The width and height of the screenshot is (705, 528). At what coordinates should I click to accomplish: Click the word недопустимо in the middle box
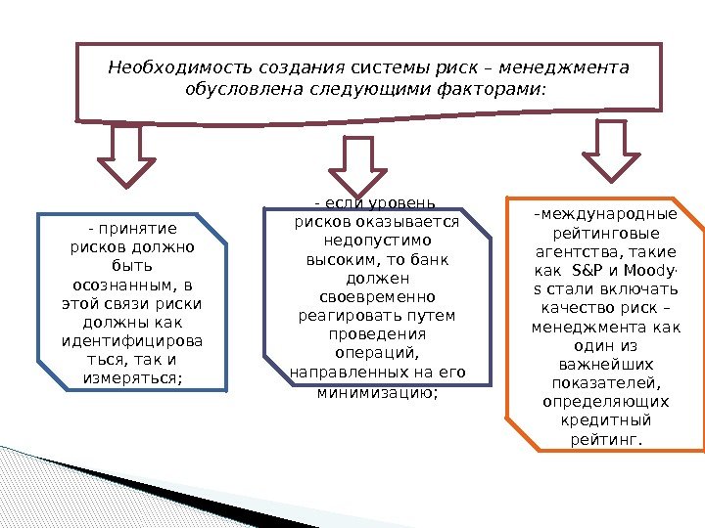coord(378,240)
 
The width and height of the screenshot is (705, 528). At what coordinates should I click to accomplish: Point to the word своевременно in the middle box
coord(378,296)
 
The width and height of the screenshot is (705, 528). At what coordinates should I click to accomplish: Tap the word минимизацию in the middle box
coord(377,392)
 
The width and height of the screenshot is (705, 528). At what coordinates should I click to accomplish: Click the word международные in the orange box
coord(606,215)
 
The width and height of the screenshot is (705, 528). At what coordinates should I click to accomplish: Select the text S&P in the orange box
coord(584,271)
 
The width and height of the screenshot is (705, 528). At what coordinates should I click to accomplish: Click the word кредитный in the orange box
coord(606,420)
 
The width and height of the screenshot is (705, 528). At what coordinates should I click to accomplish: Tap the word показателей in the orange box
coord(606,383)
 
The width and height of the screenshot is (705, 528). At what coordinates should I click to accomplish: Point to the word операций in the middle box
coord(378,353)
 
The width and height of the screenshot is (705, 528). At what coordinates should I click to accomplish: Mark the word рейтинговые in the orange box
coord(606,234)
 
